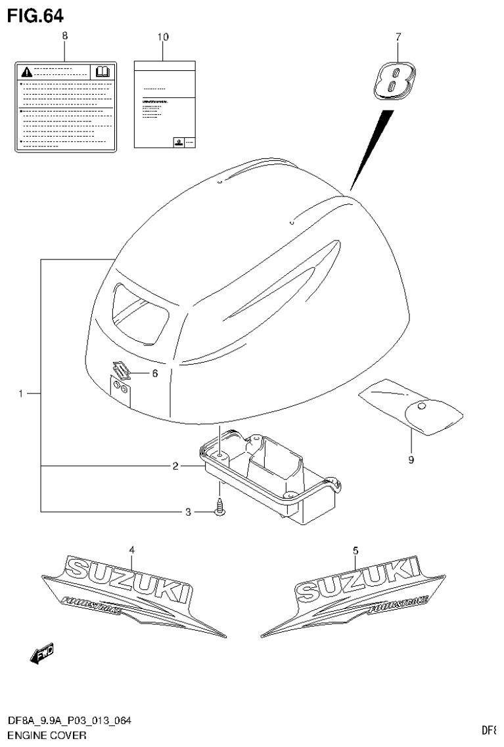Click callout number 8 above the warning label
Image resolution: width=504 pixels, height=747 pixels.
tap(64, 37)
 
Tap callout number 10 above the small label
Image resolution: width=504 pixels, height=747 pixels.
tap(163, 37)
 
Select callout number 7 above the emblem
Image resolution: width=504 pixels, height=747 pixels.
tap(398, 37)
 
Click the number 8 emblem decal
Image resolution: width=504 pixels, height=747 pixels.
tap(393, 81)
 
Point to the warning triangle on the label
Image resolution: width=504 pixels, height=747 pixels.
tap(25, 71)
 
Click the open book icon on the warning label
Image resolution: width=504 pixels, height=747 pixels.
tap(103, 71)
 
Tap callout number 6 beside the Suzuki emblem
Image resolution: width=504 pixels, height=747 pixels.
tap(155, 373)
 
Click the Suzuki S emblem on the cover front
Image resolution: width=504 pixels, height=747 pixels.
tap(120, 372)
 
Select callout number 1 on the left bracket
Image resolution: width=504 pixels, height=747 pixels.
tap(21, 394)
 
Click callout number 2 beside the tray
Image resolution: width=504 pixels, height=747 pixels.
tap(175, 466)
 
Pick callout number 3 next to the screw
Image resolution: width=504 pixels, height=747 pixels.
tap(187, 512)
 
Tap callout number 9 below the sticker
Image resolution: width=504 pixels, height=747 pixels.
tap(411, 461)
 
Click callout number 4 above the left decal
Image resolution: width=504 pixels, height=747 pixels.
tap(131, 549)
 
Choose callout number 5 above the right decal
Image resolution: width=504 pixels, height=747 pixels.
tap(355, 549)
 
